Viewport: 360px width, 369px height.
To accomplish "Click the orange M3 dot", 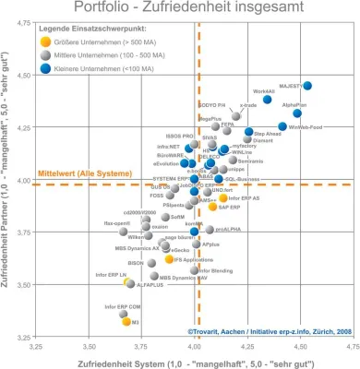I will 126,322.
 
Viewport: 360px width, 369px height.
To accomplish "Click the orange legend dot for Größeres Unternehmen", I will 45,41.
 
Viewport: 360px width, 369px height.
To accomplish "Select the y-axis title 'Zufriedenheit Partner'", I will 7,184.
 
